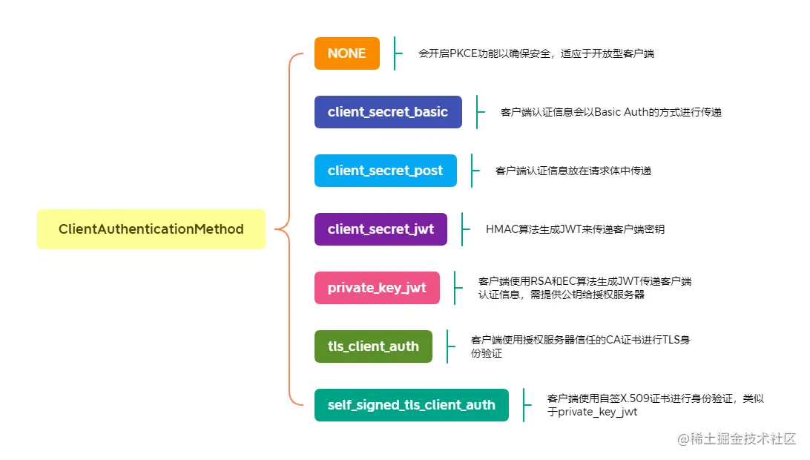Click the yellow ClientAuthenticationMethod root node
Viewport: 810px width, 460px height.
pos(151,229)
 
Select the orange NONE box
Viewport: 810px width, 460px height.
pos(346,53)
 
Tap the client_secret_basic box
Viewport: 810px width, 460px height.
pos(387,112)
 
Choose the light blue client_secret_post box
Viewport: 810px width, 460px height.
pos(385,171)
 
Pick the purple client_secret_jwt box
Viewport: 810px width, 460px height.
pos(381,229)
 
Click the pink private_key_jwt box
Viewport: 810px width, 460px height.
pos(376,288)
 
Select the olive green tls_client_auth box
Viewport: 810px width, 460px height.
pos(372,346)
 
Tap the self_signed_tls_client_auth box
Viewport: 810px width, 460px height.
pos(411,405)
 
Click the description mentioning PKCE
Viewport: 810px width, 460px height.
pos(536,53)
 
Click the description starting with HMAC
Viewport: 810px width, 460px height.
pos(574,229)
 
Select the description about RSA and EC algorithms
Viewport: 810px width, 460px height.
pos(585,288)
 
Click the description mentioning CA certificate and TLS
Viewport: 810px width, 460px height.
pos(580,346)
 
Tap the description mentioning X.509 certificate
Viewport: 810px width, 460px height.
pos(655,405)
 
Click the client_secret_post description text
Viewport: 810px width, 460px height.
pos(573,171)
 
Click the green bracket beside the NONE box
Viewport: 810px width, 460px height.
pos(395,53)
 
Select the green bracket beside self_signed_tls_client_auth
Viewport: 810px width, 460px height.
pos(524,405)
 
